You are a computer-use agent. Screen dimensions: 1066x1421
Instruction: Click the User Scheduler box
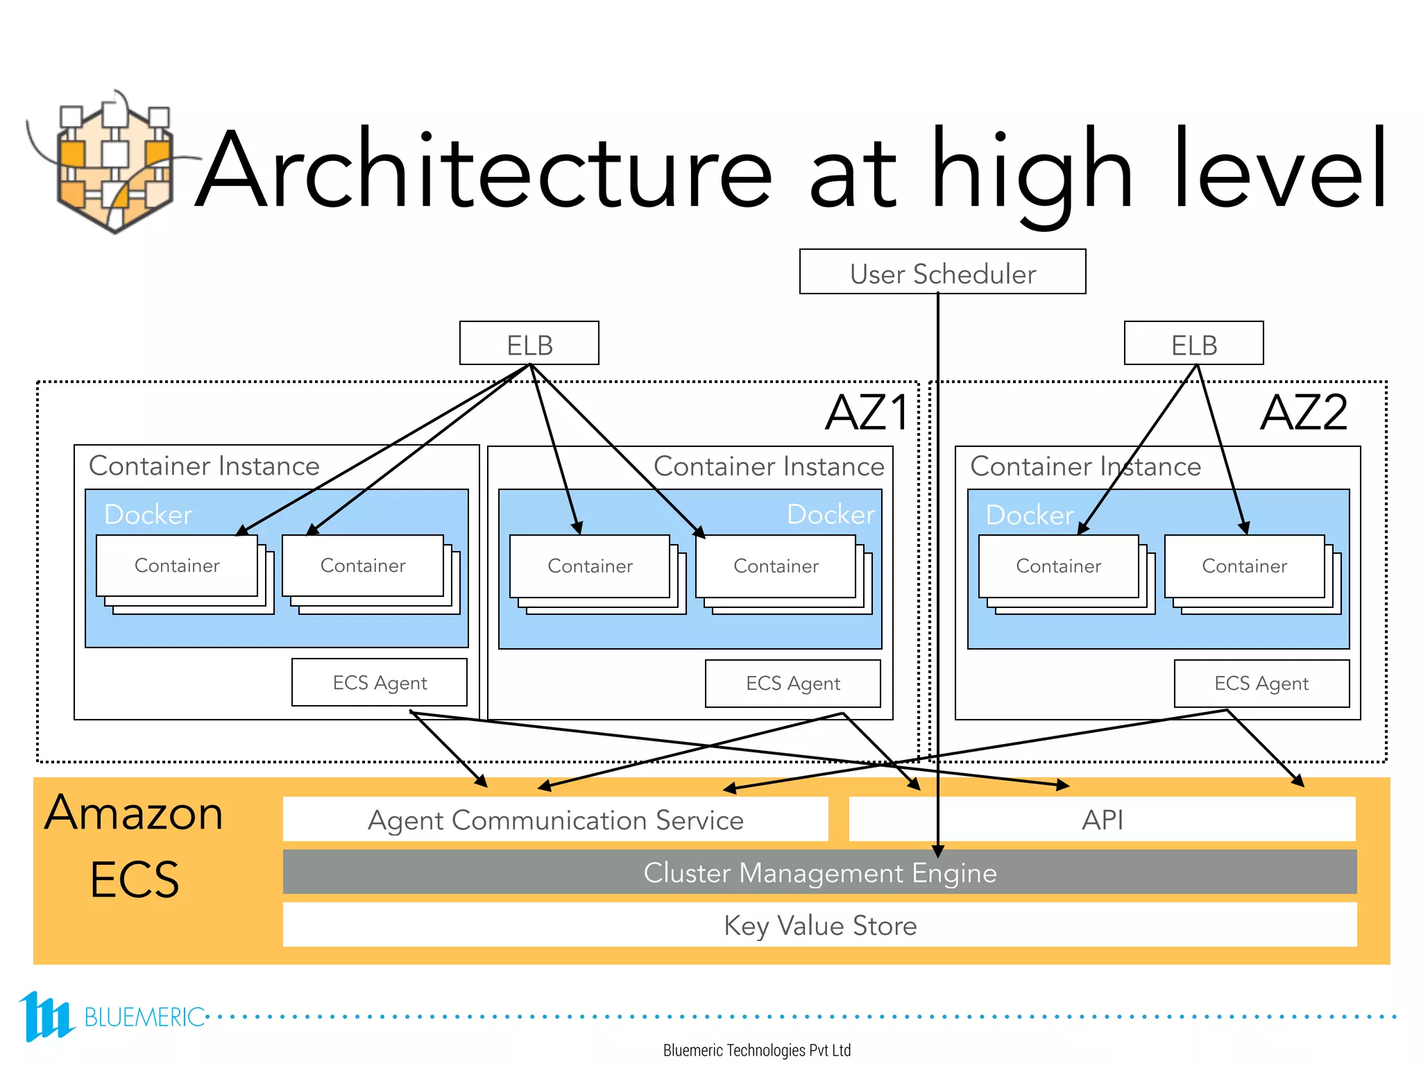(x=942, y=272)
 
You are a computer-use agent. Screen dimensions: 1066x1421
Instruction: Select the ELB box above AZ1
(x=529, y=344)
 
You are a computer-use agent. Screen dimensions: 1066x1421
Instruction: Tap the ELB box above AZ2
(x=1193, y=344)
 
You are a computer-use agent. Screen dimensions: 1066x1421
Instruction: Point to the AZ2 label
(x=1303, y=413)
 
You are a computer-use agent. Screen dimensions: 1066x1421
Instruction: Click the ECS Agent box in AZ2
(x=1261, y=684)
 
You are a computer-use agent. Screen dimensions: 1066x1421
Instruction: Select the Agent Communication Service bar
(x=555, y=820)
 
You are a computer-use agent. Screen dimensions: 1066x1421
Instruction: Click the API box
(x=1102, y=820)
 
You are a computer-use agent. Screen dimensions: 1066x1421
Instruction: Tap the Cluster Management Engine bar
(x=819, y=872)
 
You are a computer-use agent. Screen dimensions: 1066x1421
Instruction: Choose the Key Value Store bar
(x=819, y=925)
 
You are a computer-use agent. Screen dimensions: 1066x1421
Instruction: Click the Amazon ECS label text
(x=134, y=845)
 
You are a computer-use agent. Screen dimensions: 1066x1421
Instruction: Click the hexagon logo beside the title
(x=114, y=167)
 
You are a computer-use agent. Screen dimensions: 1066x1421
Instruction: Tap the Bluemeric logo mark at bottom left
(x=45, y=1016)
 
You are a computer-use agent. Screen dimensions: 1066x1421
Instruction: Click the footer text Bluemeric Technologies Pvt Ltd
(x=756, y=1050)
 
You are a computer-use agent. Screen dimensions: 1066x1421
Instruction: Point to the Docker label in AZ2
(x=1029, y=515)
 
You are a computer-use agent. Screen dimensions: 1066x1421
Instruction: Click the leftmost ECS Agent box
(x=379, y=683)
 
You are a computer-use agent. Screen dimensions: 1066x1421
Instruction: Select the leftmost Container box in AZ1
(x=177, y=566)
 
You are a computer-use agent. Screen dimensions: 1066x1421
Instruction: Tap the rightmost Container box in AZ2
(x=1244, y=566)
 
